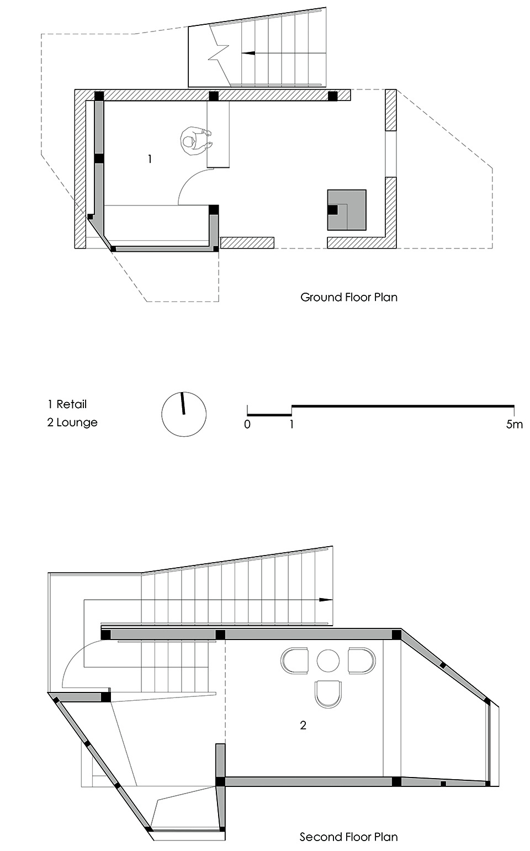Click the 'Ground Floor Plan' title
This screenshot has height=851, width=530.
point(348,297)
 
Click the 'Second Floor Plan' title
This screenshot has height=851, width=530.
point(348,837)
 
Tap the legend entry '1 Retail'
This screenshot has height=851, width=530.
point(67,404)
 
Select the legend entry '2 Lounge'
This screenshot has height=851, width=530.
point(72,422)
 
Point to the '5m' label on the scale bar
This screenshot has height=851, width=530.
point(514,425)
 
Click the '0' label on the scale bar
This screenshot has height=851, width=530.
point(247,425)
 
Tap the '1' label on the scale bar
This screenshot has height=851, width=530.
point(291,425)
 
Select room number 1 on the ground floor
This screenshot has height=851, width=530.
point(150,159)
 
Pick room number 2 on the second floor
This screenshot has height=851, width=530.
point(303,725)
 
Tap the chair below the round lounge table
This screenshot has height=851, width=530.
point(328,694)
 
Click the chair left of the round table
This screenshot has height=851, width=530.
point(295,660)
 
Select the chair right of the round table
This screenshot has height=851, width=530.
point(362,660)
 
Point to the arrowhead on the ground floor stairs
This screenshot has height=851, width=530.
point(248,54)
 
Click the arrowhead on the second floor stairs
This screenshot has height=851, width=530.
point(326,599)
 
